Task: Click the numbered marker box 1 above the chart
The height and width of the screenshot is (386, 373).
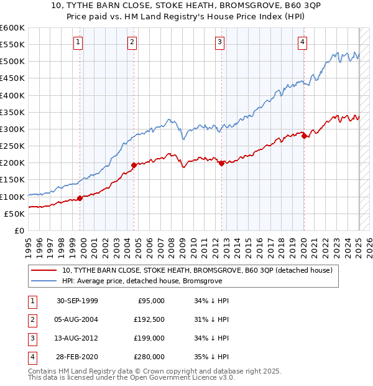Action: [78, 42]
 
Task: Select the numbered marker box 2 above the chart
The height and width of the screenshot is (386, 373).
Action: [132, 42]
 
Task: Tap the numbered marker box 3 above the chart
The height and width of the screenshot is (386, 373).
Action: [220, 42]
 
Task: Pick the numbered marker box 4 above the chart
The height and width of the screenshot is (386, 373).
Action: [302, 42]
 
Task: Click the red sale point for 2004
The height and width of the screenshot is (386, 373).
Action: [134, 165]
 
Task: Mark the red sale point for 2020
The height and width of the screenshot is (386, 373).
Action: [304, 136]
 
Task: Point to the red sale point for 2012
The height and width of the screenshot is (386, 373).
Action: [221, 163]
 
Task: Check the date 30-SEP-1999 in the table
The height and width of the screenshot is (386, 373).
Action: [78, 301]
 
